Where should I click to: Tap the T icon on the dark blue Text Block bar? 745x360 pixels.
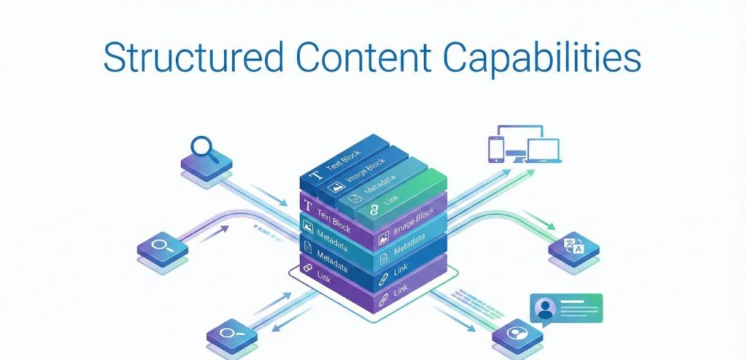tap(315, 176)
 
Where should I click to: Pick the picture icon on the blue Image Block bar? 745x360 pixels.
tap(337, 187)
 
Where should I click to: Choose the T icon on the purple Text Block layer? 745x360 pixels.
tap(307, 207)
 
